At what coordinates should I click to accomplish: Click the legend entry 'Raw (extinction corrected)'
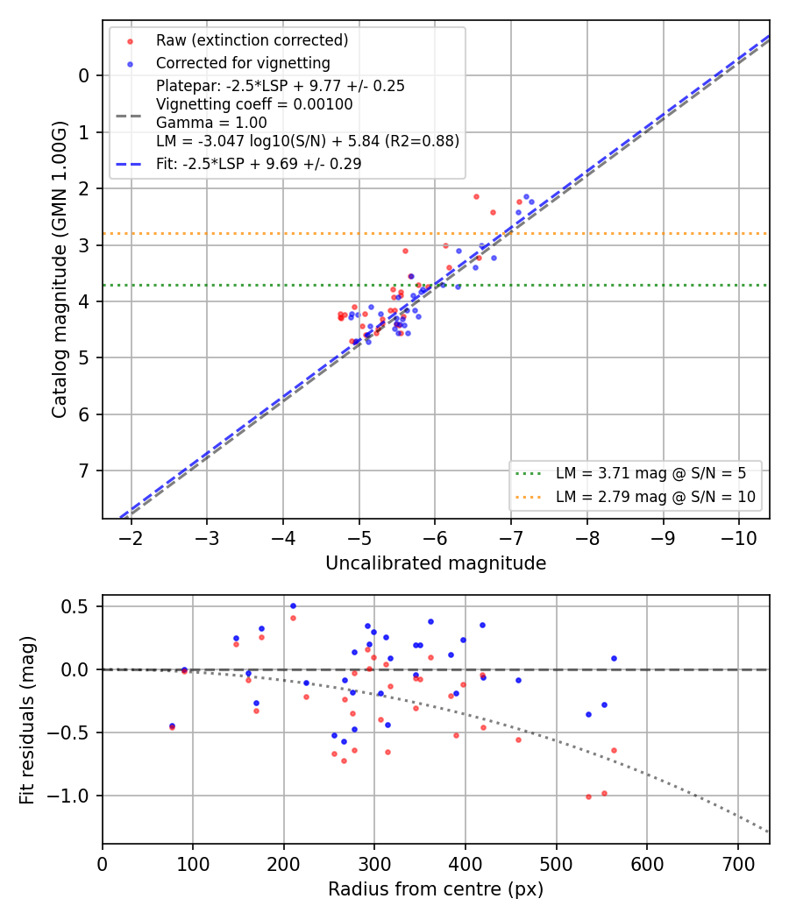252,40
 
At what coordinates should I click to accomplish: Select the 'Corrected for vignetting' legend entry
243,63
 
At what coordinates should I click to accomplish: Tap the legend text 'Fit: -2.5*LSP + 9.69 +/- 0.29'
259,164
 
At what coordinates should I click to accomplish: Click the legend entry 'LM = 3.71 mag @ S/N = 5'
650,473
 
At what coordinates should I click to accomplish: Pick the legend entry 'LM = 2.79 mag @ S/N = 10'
655,497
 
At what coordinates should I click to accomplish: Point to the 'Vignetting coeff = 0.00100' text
254,104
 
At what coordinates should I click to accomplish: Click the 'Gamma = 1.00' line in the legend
211,123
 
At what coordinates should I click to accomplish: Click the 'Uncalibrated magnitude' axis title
436,563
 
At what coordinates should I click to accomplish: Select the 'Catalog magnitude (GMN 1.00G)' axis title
60,270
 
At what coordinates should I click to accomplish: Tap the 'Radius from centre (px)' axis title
436,889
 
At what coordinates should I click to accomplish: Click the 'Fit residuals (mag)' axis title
27,720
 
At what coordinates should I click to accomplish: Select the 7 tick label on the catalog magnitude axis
83,471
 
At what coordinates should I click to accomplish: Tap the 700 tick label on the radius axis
737,864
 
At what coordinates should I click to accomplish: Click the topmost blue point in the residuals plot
293,606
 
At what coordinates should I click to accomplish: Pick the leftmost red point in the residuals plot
172,727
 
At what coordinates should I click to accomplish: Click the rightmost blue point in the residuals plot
614,658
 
